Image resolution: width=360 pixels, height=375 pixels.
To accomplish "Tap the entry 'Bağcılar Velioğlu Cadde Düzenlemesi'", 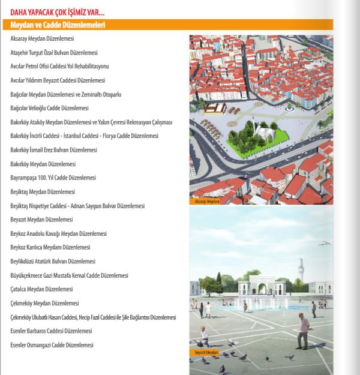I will (x=49, y=108).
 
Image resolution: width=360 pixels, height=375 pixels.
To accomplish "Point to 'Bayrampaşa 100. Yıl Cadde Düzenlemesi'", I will (x=53, y=178).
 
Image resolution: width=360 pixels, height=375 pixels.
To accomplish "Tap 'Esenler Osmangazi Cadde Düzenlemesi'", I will (x=52, y=345).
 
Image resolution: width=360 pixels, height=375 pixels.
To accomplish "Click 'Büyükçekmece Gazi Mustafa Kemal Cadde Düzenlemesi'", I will (x=70, y=275).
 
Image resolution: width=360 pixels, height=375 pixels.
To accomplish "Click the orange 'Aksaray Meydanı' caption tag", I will (x=208, y=202).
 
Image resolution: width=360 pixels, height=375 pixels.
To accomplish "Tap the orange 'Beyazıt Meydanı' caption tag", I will (x=206, y=352).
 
